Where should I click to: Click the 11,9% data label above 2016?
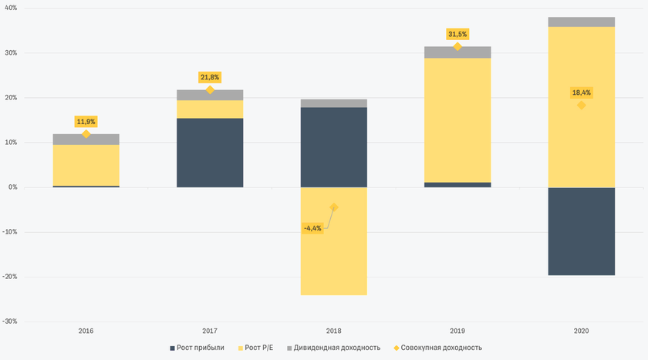coord(86,121)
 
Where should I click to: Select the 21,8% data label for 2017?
coord(210,77)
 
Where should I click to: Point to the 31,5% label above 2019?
coord(457,34)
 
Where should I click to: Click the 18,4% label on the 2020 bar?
coord(582,93)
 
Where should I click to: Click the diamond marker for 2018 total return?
coord(334,207)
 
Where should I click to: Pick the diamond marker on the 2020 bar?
coord(582,105)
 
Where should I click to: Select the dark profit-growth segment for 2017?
coord(210,153)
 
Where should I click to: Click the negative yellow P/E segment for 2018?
coord(334,254)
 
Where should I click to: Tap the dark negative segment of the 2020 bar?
coord(582,231)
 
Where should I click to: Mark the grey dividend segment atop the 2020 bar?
coord(582,22)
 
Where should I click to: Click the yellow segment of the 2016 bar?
coord(86,165)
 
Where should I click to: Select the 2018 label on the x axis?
coord(334,331)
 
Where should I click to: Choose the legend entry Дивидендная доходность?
coord(337,348)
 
